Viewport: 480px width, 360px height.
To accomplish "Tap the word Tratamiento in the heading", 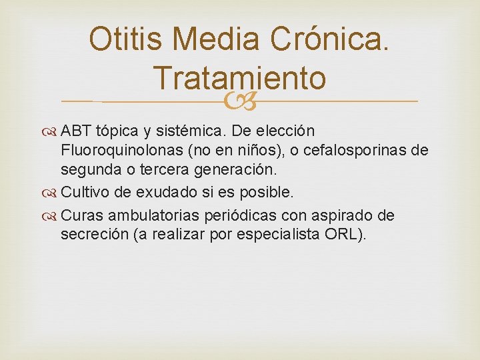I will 239,77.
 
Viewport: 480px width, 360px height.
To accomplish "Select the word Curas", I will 82,215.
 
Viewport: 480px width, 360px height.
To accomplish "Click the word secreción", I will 91,235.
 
